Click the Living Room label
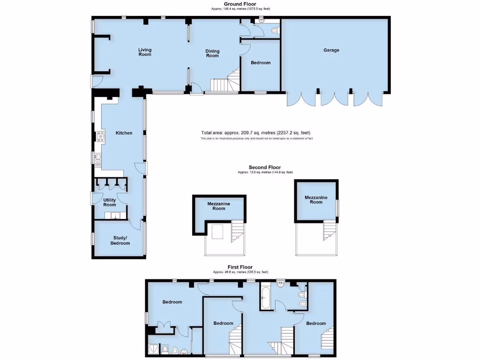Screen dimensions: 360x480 pyautogui.click(x=145, y=52)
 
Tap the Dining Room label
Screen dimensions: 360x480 pyautogui.click(x=212, y=53)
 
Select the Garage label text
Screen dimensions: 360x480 pyautogui.click(x=331, y=50)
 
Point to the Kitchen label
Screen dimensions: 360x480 pyautogui.click(x=124, y=133)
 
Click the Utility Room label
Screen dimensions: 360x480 pyautogui.click(x=109, y=202)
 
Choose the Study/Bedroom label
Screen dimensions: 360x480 pyautogui.click(x=120, y=240)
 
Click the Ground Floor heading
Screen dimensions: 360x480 pyautogui.click(x=240, y=4)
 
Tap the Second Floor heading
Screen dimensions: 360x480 pyautogui.click(x=265, y=167)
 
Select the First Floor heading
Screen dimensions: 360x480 pyautogui.click(x=240, y=267)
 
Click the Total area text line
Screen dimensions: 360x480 pyautogui.click(x=255, y=133)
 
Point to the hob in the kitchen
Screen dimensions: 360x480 pyautogui.click(x=100, y=137)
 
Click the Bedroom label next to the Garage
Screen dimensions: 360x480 pyautogui.click(x=261, y=63)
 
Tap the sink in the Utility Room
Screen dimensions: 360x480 pyautogui.click(x=113, y=216)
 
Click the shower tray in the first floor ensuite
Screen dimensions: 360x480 pyautogui.click(x=153, y=349)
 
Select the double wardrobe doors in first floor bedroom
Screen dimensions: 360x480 pyautogui.click(x=163, y=326)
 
